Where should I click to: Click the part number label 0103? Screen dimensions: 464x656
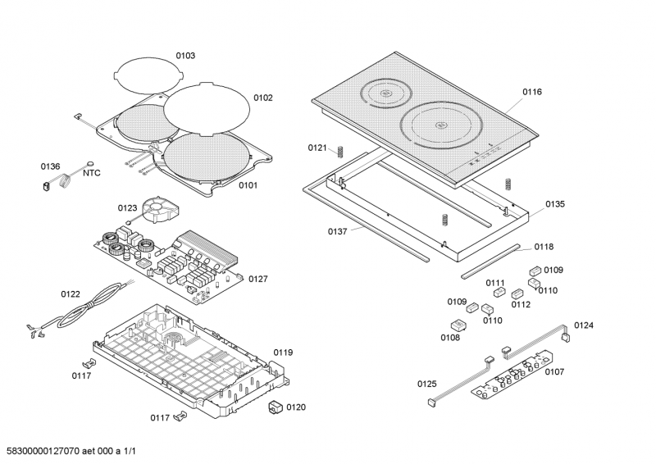[185, 56]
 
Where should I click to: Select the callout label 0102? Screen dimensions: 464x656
[262, 98]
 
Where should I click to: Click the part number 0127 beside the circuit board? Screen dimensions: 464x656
[257, 279]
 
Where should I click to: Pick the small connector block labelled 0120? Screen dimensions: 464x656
[276, 407]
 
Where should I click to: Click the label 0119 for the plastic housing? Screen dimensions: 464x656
[283, 353]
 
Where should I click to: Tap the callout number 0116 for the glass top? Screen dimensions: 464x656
[531, 92]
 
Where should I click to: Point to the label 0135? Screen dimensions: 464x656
[555, 203]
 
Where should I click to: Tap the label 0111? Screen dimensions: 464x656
[494, 283]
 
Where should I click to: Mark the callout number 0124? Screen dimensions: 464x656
[584, 325]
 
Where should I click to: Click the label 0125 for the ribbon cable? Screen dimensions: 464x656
[427, 384]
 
